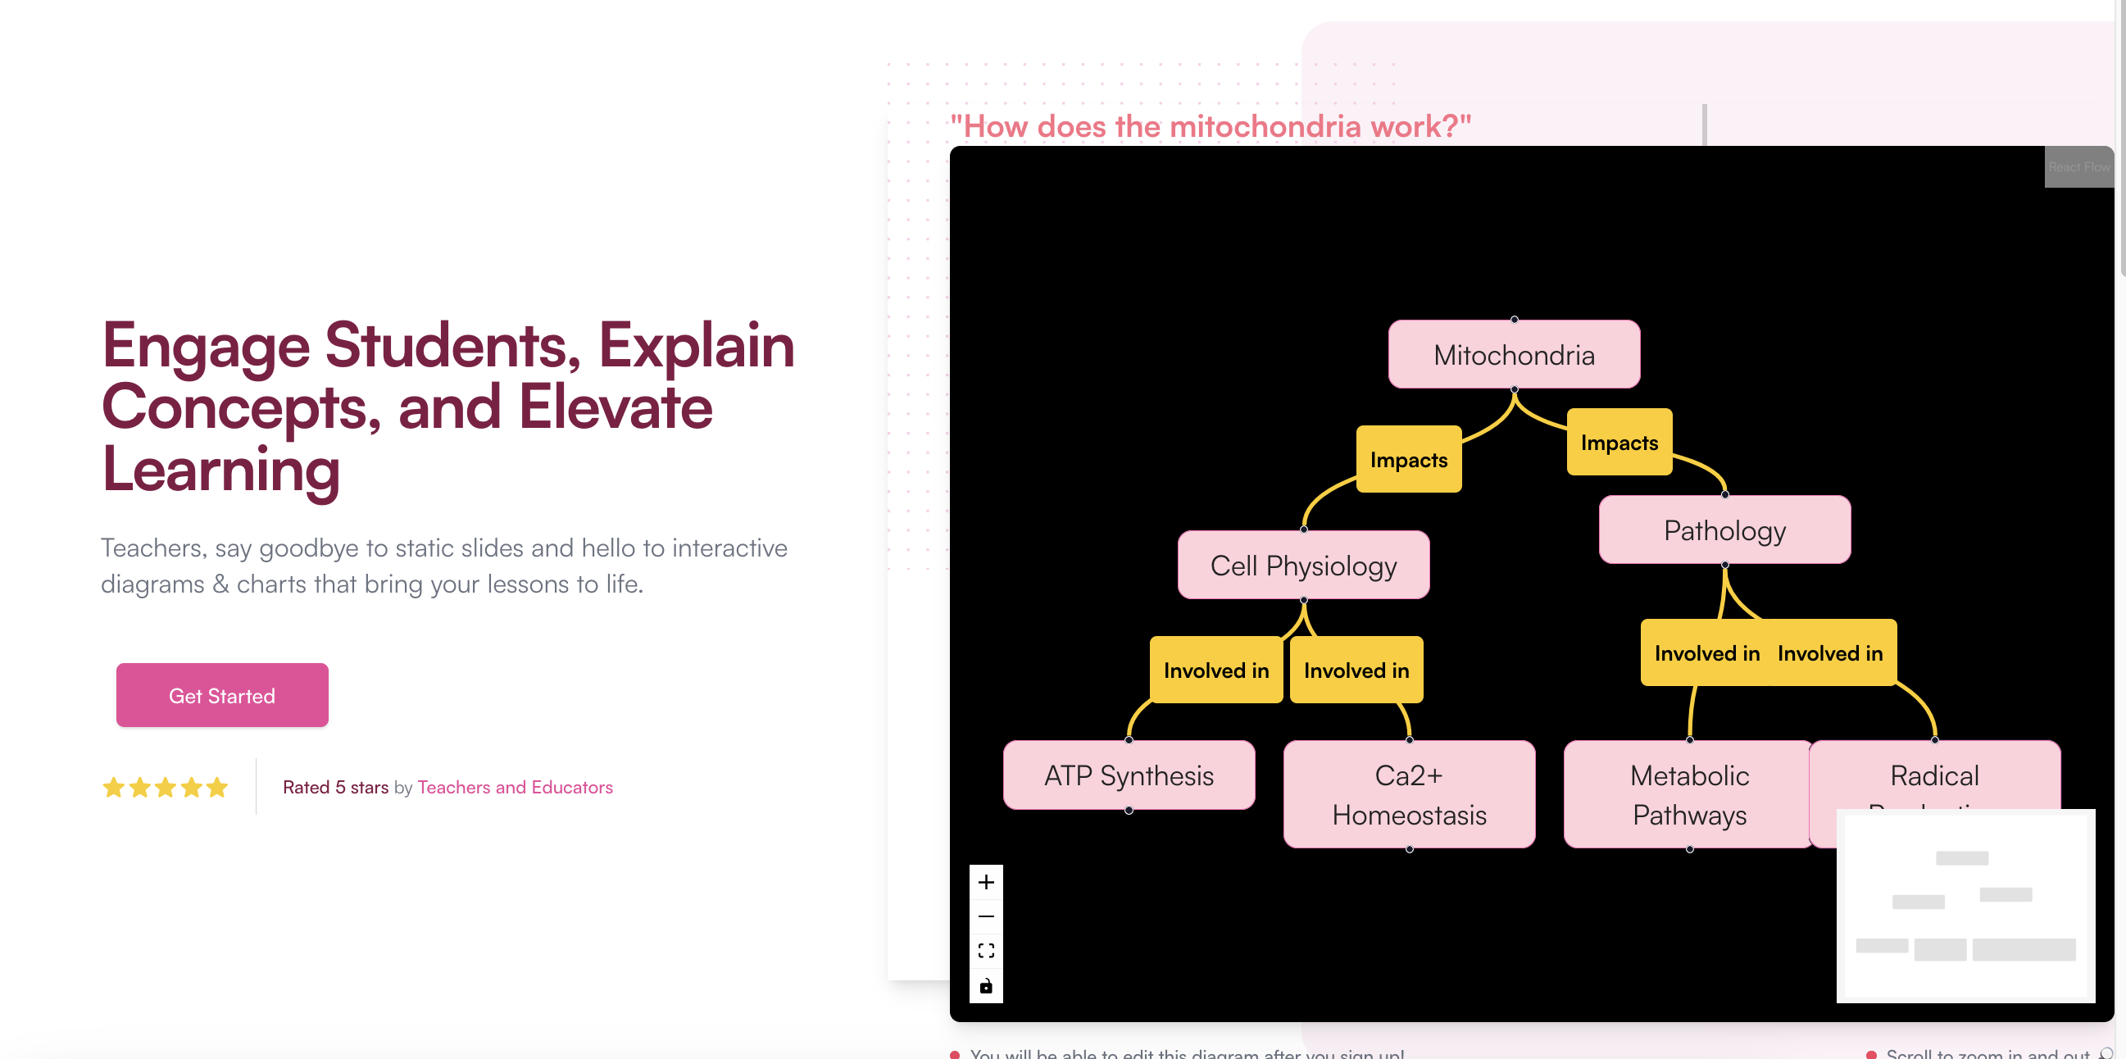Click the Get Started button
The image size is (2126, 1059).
222,695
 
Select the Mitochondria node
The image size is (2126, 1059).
1514,355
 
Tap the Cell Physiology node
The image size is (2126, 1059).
1303,566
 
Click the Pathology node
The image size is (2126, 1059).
1724,530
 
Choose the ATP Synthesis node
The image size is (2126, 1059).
1129,775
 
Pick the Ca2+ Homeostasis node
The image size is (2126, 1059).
1409,794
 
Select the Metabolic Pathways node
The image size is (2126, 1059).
1688,794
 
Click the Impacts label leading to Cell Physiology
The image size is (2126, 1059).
1408,460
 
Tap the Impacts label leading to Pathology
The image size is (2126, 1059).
1619,443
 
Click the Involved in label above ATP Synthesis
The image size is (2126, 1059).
1215,670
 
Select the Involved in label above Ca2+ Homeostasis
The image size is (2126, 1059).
1356,670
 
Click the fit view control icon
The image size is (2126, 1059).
985,951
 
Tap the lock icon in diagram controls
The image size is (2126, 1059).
985,985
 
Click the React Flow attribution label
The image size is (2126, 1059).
2078,166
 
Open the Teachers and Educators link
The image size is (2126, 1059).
515,787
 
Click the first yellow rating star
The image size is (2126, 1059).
113,788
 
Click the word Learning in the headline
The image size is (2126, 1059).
220,469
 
